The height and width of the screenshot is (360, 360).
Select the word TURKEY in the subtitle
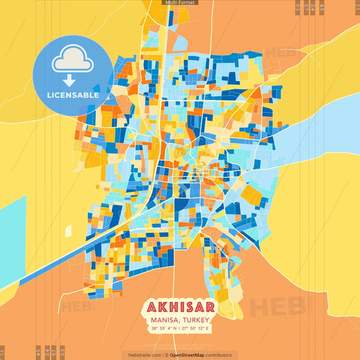point(196,320)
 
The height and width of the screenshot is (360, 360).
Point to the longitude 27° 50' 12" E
point(197,328)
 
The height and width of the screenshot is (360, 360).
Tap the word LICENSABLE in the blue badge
point(73,95)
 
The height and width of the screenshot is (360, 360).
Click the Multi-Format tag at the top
point(180,3)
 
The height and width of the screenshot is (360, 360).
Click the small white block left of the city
point(68,231)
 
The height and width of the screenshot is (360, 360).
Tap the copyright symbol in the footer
point(166,355)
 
